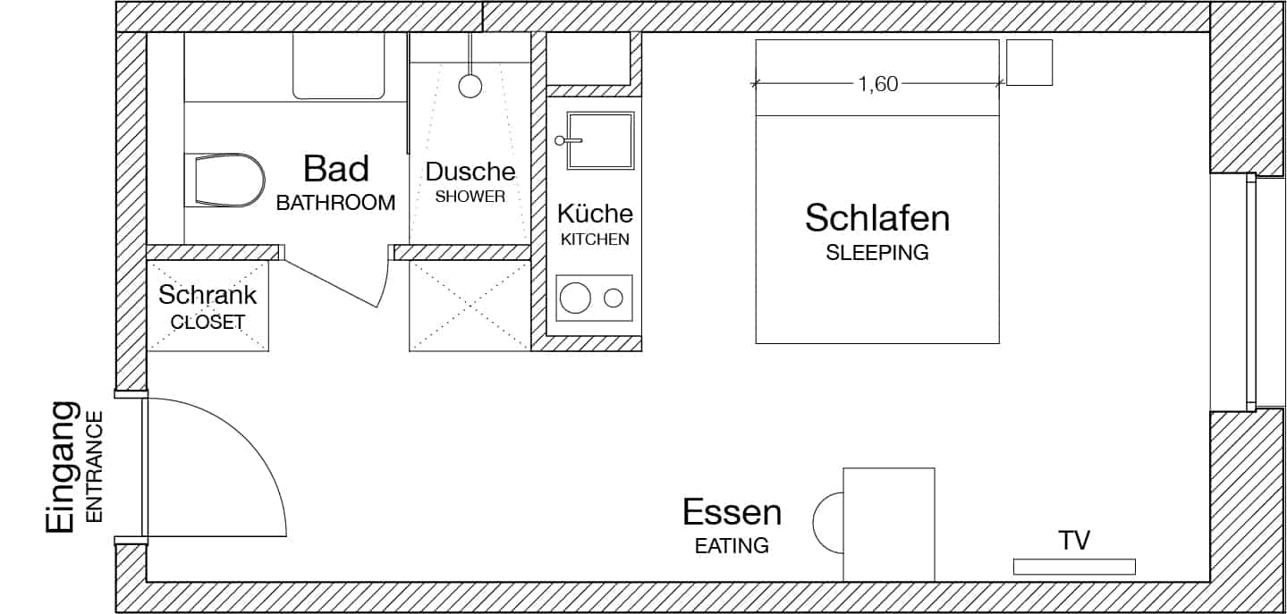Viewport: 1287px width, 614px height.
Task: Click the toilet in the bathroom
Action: pyautogui.click(x=228, y=180)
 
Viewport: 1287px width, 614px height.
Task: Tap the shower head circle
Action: pyautogui.click(x=470, y=86)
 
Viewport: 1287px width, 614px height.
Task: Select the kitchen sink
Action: pyautogui.click(x=600, y=140)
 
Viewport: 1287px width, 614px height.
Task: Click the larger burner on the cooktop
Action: pyautogui.click(x=575, y=298)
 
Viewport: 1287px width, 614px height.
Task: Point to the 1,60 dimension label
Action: pyautogui.click(x=877, y=85)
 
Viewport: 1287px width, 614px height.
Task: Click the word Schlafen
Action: pyautogui.click(x=876, y=217)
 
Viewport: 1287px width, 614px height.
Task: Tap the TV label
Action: pyautogui.click(x=1073, y=540)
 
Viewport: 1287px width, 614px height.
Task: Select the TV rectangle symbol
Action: pyautogui.click(x=1073, y=566)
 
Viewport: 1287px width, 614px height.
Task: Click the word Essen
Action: pyautogui.click(x=732, y=513)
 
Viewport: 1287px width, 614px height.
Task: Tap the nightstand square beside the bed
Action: pyautogui.click(x=1029, y=63)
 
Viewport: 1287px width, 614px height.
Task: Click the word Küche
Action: pyautogui.click(x=595, y=214)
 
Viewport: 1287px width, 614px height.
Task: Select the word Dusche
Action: pyautogui.click(x=470, y=172)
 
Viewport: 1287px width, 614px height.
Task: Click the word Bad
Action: pyautogui.click(x=335, y=168)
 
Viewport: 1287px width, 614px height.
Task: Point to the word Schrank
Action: pyautogui.click(x=207, y=294)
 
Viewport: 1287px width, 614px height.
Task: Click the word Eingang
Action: pyautogui.click(x=60, y=468)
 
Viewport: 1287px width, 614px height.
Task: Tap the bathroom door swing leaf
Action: pyautogui.click(x=332, y=281)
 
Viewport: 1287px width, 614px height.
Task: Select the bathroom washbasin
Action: pyautogui.click(x=339, y=67)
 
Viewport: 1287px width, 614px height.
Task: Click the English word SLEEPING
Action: pyautogui.click(x=876, y=253)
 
